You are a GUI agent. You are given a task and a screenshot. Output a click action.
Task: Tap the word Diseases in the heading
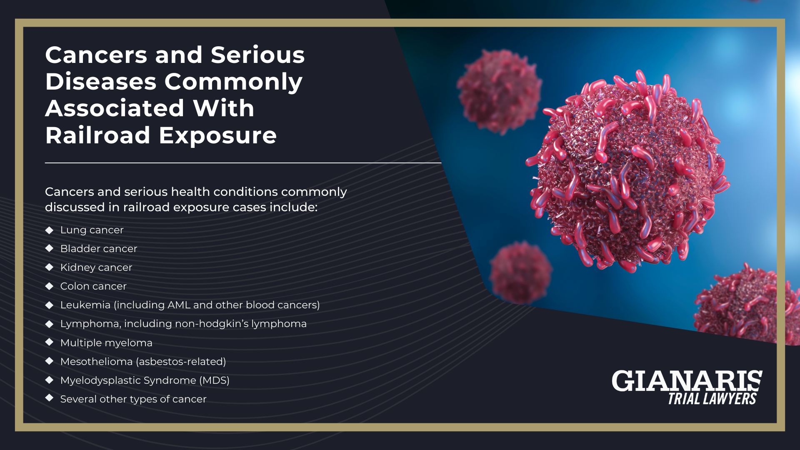tap(100, 82)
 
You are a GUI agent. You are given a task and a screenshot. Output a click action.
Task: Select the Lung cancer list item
tap(92, 230)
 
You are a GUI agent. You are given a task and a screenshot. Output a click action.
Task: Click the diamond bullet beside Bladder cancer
tap(50, 248)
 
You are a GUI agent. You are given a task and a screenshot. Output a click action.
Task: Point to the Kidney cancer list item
tap(96, 267)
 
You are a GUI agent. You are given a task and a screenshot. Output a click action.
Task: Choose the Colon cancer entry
tap(93, 286)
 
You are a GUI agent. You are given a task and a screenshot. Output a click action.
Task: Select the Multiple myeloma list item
tap(106, 343)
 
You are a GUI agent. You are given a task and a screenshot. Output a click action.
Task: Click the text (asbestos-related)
tap(181, 362)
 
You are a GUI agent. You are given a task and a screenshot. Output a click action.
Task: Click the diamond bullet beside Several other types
tap(50, 398)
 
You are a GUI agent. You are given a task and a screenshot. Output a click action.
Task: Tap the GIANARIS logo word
tap(687, 381)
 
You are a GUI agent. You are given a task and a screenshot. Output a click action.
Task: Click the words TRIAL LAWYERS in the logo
tap(712, 399)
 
